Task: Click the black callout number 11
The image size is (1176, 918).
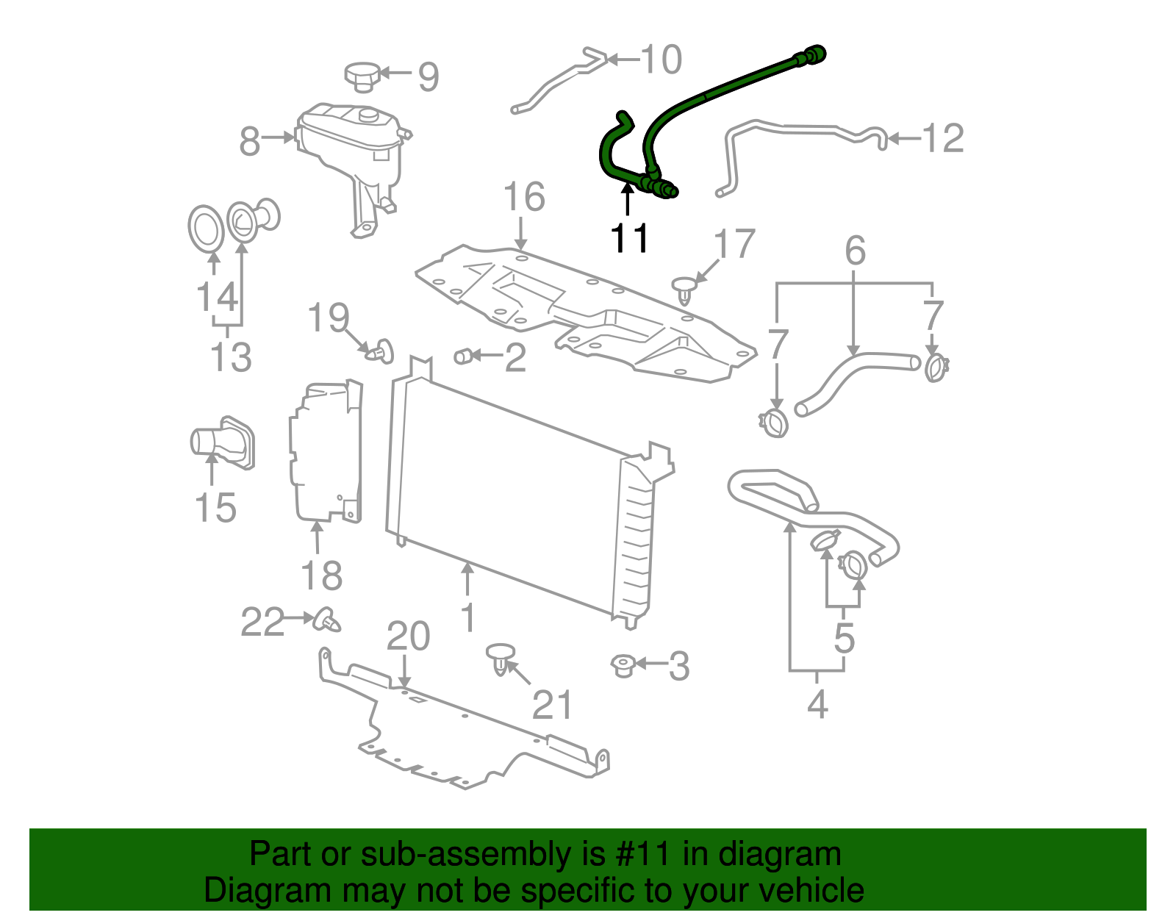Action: (630, 238)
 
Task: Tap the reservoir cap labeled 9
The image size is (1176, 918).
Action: (362, 76)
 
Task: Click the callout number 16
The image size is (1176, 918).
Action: (523, 197)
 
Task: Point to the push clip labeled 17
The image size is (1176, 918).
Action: (684, 289)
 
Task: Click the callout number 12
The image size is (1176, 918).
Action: (942, 138)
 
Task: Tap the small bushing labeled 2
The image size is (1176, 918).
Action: (463, 356)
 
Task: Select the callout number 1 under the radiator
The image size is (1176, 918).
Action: (467, 617)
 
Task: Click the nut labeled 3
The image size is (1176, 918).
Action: (623, 665)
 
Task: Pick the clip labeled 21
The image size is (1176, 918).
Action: (501, 658)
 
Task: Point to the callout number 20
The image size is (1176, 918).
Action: (408, 636)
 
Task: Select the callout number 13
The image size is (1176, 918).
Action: (230, 357)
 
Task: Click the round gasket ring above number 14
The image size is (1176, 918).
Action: (205, 229)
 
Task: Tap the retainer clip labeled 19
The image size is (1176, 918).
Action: (381, 351)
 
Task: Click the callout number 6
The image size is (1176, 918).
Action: (855, 251)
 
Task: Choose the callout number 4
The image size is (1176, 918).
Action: (817, 704)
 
